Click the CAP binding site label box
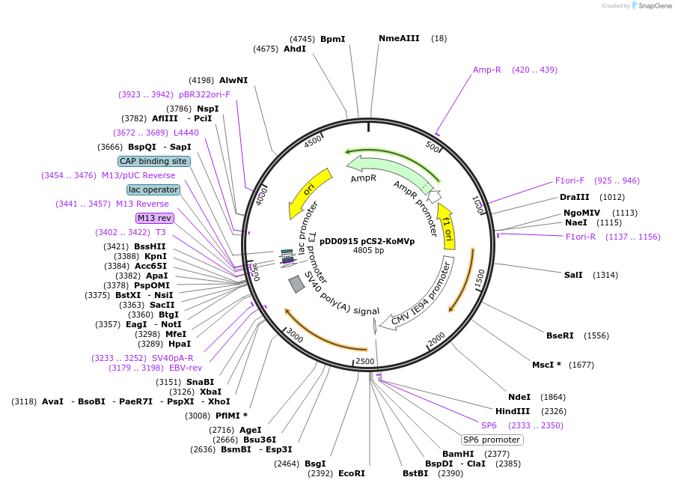coord(153,161)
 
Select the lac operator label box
coord(153,189)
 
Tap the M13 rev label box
coord(154,218)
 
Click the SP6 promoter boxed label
coord(492,440)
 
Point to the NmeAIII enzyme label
coord(399,38)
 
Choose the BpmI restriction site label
coord(332,39)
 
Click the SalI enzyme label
coord(573,275)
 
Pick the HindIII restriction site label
coord(513,411)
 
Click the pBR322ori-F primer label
coord(204,94)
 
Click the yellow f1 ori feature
coord(447,225)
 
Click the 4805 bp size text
coord(368,250)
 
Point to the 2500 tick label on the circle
coord(364,361)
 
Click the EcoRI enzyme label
coord(351,473)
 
